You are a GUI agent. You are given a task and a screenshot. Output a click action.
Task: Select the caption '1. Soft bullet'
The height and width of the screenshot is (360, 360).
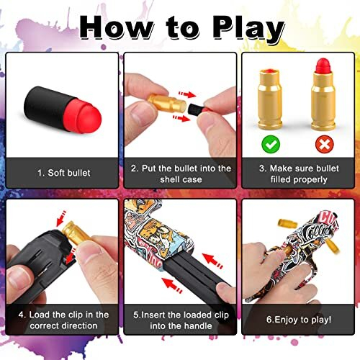pyautogui.click(x=62, y=173)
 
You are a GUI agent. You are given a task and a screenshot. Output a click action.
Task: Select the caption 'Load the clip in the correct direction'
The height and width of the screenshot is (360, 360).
pyautogui.click(x=62, y=319)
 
